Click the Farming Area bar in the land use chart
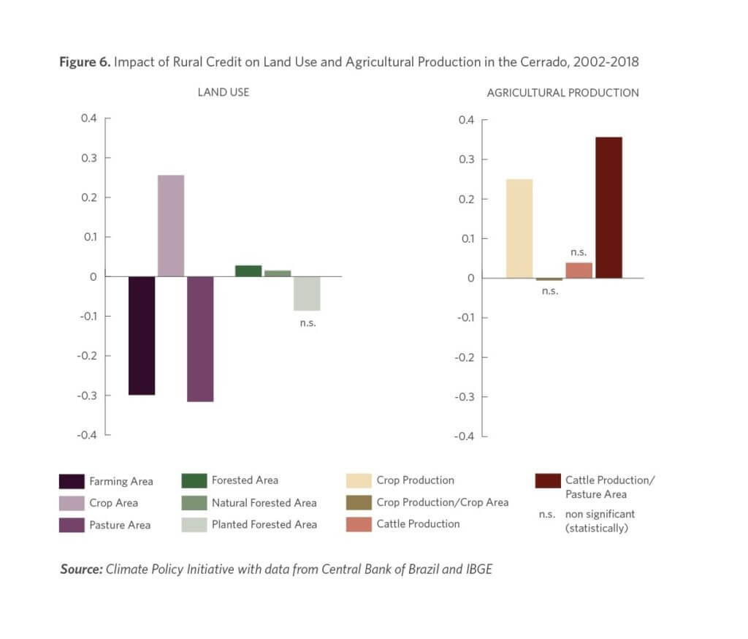pos(142,335)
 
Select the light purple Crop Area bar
pos(171,225)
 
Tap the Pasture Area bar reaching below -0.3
pos(200,339)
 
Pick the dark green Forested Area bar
pos(248,271)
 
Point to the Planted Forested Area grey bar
pos(308,293)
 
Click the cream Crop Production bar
pos(519,228)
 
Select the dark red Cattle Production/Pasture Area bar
pos(608,207)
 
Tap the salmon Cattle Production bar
pos(579,270)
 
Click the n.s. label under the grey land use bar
pos(308,322)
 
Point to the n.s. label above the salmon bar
pos(579,252)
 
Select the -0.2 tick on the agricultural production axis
pos(465,358)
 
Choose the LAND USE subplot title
pos(224,93)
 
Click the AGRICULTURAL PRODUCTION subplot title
pos(562,93)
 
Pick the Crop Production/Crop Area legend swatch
pos(359,502)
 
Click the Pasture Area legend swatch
pos(72,525)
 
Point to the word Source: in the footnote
pos(81,569)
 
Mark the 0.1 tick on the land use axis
pos(90,237)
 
